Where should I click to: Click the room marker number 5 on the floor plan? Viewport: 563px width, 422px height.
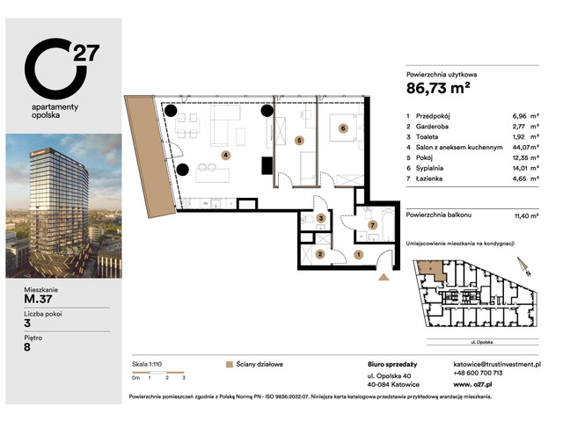click(299, 140)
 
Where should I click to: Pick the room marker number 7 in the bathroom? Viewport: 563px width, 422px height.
click(372, 225)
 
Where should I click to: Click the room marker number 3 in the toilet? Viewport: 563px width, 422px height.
click(322, 218)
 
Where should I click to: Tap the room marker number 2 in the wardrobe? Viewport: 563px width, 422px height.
click(321, 254)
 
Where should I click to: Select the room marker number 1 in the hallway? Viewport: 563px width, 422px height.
click(358, 254)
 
